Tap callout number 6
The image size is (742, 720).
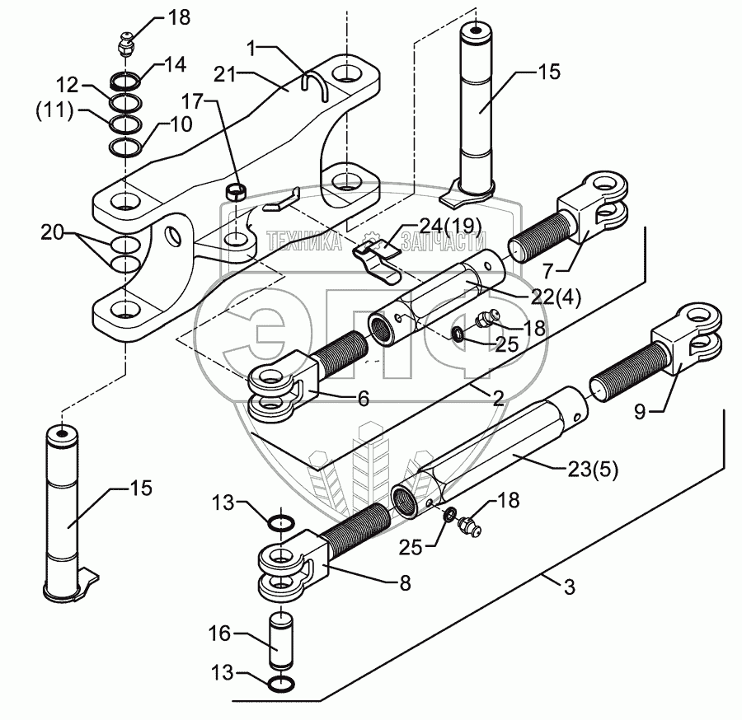(x=362, y=399)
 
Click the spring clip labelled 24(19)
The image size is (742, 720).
(x=376, y=250)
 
